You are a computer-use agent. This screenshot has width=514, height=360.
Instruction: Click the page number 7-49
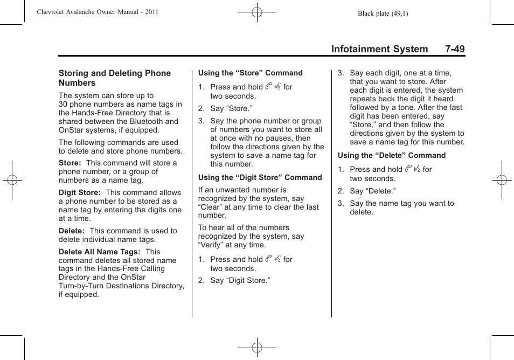455,49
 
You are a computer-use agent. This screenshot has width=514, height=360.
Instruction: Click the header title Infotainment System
379,49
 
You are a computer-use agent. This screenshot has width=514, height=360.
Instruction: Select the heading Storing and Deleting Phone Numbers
114,78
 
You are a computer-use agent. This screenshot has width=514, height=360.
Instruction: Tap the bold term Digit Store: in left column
79,192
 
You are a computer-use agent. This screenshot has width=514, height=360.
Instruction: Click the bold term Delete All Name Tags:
99,252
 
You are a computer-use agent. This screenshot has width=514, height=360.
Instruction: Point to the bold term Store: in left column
70,163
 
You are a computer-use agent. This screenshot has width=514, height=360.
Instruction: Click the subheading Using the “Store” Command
250,73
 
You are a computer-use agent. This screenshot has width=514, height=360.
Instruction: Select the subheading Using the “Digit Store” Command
260,177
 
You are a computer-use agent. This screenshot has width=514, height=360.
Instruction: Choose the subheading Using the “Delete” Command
392,155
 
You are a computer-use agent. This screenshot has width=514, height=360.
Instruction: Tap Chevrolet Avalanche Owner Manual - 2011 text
98,12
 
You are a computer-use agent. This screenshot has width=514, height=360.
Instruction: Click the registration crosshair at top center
257,11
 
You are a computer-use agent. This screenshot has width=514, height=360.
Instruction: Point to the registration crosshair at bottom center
257,348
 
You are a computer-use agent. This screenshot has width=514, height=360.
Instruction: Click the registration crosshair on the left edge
12,180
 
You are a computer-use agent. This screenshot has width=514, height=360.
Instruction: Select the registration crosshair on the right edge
501,180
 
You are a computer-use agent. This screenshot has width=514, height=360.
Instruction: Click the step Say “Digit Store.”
240,280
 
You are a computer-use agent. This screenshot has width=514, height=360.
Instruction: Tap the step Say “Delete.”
372,191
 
